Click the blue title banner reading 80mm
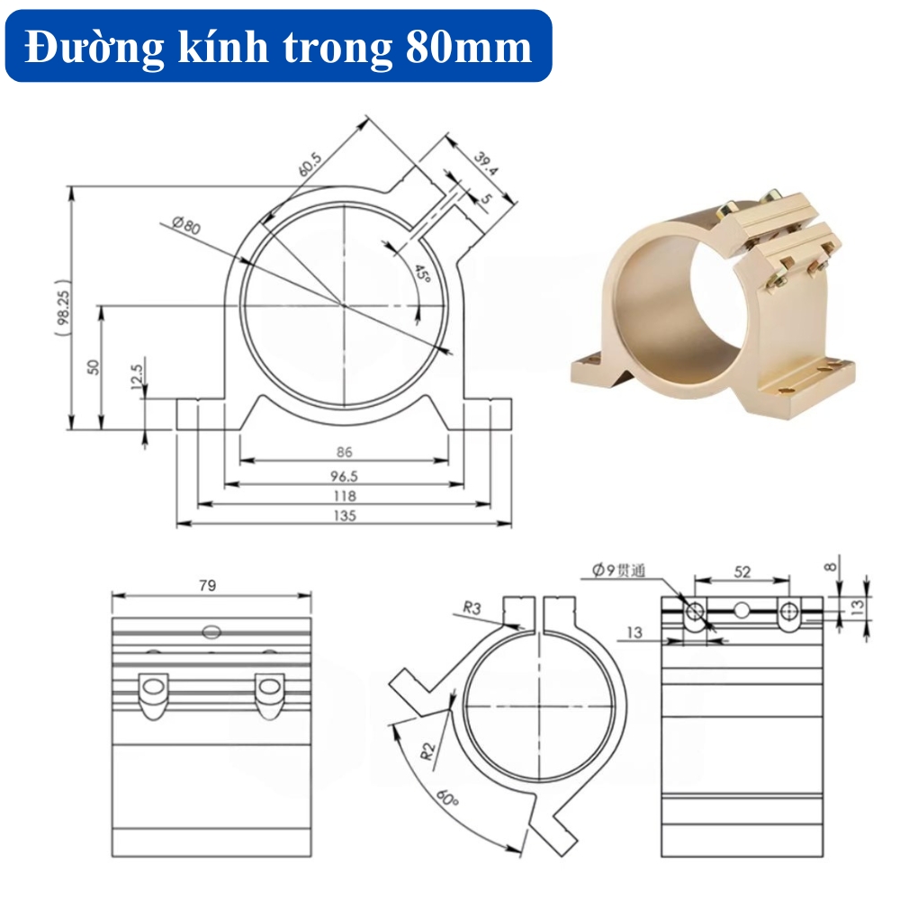[x=278, y=47]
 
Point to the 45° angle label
[x=421, y=272]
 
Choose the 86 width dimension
[x=344, y=453]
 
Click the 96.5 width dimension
[x=344, y=474]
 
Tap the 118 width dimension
[x=344, y=496]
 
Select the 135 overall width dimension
[x=344, y=517]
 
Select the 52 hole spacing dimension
[x=742, y=571]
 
